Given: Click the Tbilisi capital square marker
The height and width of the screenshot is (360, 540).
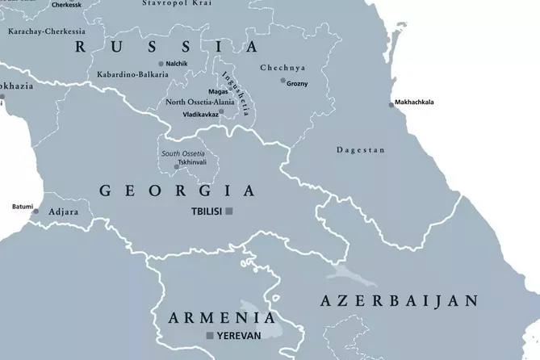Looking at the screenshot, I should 229,211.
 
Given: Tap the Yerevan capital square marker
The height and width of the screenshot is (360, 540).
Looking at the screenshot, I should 210,335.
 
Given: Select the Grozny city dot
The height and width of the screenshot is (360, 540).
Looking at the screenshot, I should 283,81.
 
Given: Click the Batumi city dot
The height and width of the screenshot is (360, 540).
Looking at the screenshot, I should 35,212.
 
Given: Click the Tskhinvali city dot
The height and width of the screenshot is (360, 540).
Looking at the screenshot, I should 188,167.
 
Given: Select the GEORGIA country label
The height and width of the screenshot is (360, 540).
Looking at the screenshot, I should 177,191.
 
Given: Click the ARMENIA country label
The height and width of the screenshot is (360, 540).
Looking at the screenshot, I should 216,317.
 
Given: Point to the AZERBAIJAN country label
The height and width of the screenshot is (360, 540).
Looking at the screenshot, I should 400,301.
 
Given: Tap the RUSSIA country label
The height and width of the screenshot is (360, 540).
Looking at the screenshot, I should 166,47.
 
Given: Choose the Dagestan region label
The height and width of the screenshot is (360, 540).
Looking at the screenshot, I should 361,150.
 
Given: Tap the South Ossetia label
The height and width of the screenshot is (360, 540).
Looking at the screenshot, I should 182,153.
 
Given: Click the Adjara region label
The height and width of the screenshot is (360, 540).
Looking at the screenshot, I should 65,212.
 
